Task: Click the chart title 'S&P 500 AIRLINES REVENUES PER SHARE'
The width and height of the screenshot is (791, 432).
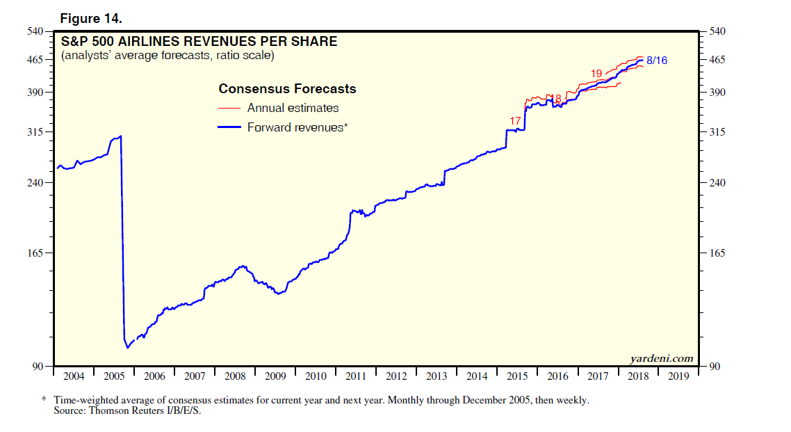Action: [199, 42]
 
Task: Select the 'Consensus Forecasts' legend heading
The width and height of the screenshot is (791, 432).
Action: [287, 89]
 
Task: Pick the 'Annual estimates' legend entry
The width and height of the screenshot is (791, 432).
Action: [293, 108]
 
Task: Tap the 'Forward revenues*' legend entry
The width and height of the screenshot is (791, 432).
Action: [297, 127]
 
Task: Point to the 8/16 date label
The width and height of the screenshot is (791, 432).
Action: [657, 61]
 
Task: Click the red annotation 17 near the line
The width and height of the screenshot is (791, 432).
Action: [515, 121]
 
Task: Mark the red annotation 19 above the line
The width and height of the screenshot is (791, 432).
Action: [596, 74]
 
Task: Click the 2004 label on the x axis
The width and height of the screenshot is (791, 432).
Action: [73, 376]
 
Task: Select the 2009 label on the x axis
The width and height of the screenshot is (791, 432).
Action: [275, 376]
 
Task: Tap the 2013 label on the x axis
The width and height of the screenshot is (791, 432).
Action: [437, 376]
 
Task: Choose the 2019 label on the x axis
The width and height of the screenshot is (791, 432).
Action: [678, 376]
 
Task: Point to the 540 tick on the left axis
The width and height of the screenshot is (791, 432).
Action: [35, 31]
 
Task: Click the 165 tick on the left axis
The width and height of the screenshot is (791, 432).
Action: [35, 253]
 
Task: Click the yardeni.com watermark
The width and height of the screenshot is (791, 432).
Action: [661, 359]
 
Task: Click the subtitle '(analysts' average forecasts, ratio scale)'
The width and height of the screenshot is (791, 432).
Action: [168, 55]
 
